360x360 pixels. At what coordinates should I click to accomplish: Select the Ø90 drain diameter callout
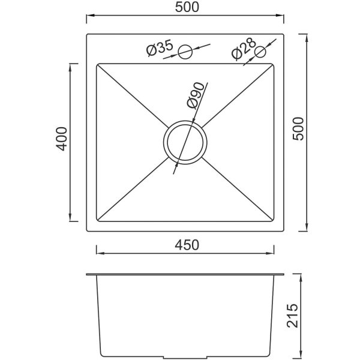coord(196,96)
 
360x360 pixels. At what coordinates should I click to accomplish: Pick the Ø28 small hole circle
coord(260,52)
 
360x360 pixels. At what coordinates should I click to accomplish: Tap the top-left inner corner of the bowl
coord(97,63)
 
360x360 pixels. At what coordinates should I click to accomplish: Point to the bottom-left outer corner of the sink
coord(86,232)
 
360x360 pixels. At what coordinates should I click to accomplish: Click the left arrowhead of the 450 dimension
coord(98,253)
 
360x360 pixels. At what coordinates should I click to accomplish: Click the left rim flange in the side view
coord(91,275)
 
